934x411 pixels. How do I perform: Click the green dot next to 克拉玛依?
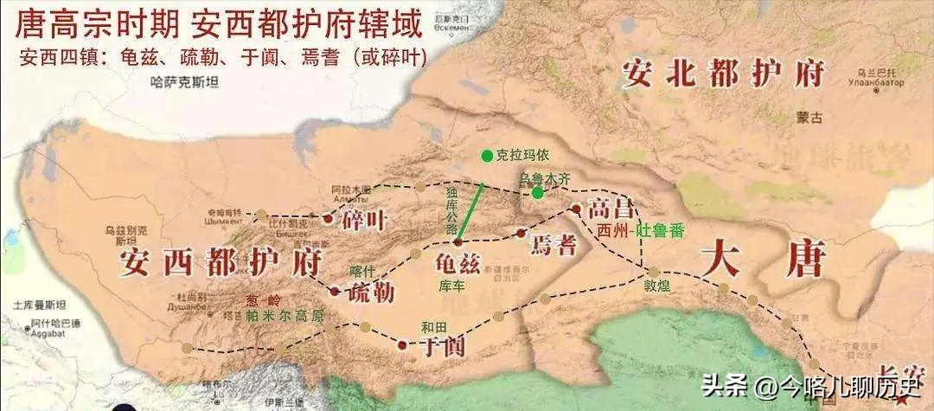[x=488, y=156]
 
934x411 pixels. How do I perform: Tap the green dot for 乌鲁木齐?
[x=538, y=194]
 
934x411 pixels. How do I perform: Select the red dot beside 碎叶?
[x=328, y=219]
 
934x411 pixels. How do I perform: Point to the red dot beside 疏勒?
[x=335, y=292]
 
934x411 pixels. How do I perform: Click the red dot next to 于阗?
[x=403, y=344]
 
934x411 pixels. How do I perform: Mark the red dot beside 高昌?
[x=576, y=209]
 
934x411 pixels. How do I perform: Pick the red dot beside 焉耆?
[x=521, y=233]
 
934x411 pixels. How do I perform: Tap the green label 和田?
[x=432, y=327]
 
